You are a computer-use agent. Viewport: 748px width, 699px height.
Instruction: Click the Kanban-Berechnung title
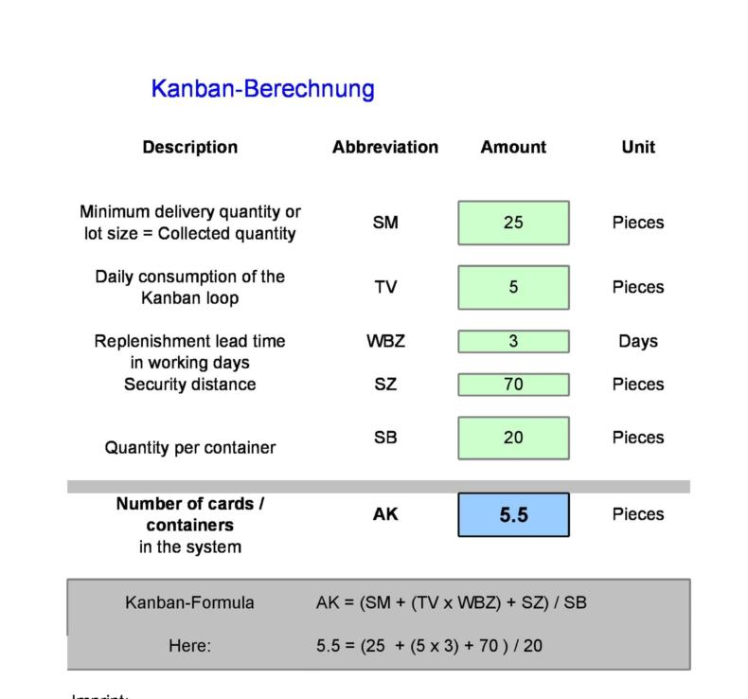point(262,89)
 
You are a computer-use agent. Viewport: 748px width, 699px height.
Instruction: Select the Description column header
point(189,147)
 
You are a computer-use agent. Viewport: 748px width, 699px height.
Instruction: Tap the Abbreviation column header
point(384,147)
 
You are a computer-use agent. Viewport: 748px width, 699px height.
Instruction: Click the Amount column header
point(513,147)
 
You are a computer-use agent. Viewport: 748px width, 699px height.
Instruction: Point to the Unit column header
point(638,147)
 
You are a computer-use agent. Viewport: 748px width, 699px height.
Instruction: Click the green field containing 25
point(513,223)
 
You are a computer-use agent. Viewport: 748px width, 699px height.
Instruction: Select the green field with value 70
point(513,385)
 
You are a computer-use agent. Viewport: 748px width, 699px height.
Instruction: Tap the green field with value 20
point(513,438)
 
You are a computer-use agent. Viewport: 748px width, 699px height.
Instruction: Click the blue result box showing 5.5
point(513,514)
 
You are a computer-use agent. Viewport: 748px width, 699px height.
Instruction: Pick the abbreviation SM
point(385,223)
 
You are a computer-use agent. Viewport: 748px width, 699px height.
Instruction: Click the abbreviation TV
point(385,287)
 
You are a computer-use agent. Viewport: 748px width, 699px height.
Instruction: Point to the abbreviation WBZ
point(385,341)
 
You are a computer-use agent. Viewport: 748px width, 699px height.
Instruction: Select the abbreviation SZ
point(385,385)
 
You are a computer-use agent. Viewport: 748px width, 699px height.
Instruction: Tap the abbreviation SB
point(385,438)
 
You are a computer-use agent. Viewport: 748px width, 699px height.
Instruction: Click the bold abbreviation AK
point(385,514)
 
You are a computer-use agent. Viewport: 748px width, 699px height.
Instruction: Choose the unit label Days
point(638,341)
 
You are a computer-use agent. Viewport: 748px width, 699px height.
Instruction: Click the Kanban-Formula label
point(189,602)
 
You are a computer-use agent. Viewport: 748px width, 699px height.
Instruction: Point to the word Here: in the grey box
point(189,646)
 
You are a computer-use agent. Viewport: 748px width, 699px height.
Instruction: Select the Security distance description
point(189,385)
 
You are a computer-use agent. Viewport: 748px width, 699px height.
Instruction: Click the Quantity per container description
point(189,448)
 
